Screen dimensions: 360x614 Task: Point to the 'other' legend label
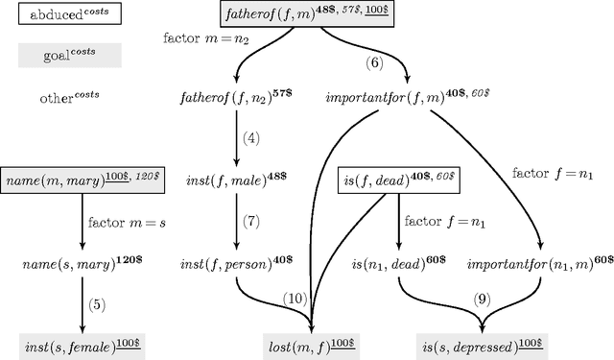(69, 98)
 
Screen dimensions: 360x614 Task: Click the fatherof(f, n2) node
(234, 98)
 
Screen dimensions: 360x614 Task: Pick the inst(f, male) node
(234, 179)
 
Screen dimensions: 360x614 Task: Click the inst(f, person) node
(235, 262)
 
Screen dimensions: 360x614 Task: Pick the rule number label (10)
(294, 300)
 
